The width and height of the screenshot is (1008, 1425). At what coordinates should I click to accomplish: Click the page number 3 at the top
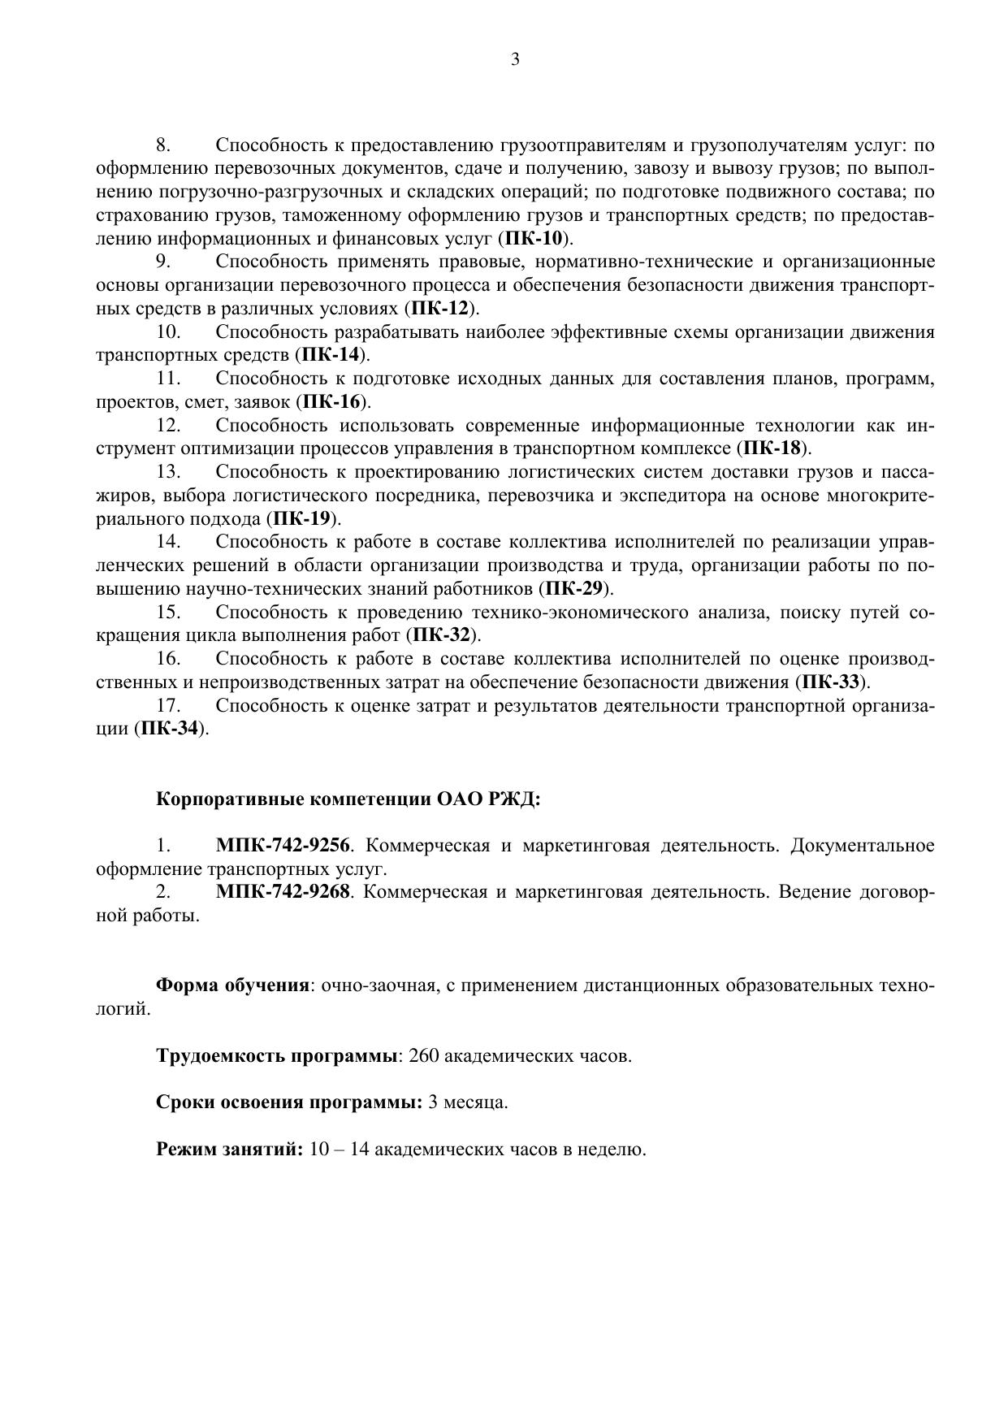click(515, 59)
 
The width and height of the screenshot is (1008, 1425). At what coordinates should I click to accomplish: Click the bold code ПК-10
click(534, 239)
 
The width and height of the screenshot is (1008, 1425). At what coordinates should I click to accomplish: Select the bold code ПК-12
click(440, 309)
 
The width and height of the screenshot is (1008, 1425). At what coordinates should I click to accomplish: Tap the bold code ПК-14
click(331, 355)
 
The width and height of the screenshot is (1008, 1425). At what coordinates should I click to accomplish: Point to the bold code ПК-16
click(331, 401)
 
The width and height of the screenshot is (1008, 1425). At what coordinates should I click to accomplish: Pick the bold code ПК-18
click(772, 448)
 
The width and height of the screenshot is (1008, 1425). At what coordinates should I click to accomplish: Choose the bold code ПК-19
click(301, 518)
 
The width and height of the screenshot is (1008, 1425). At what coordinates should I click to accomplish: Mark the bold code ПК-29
click(573, 588)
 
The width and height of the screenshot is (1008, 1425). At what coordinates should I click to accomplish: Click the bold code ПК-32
click(441, 635)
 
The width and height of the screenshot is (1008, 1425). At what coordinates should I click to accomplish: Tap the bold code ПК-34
click(170, 728)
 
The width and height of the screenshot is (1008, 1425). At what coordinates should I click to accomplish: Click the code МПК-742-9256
click(283, 846)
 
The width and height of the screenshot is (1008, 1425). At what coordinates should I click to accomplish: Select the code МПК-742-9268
click(283, 892)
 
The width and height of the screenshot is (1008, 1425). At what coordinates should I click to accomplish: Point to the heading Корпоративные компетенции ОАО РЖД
click(348, 799)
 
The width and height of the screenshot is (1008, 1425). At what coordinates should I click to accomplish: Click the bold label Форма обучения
click(232, 985)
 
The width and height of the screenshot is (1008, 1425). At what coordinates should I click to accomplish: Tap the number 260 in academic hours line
click(424, 1056)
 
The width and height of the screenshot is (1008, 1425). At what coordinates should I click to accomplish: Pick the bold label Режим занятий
click(229, 1150)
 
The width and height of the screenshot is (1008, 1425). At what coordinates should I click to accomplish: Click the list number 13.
click(168, 472)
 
